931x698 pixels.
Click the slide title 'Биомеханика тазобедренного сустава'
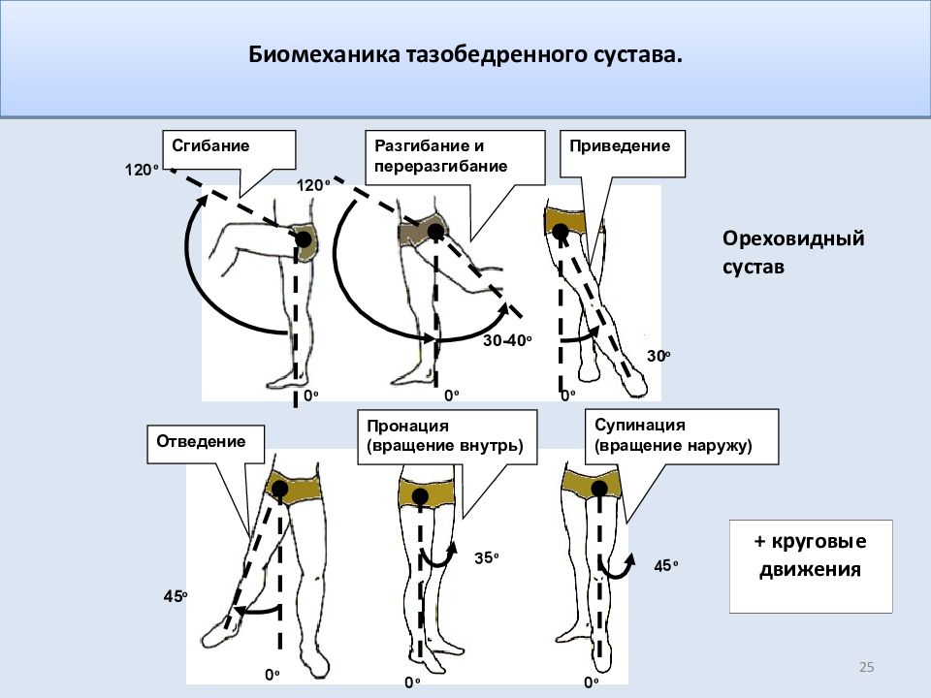(465, 55)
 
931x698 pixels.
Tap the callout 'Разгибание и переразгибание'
(453, 156)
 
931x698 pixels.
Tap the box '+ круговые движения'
(810, 555)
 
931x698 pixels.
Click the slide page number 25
(867, 667)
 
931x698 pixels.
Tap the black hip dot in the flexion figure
(304, 238)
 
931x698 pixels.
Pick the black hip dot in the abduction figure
(279, 488)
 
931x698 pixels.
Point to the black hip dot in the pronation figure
(419, 497)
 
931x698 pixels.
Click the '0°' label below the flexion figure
(310, 397)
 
